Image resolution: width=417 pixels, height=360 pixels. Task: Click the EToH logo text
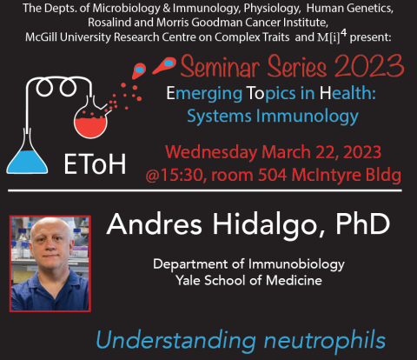[x=95, y=164]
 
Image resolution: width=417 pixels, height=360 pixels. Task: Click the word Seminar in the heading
[x=220, y=66]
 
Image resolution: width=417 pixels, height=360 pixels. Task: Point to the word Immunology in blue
[x=308, y=117]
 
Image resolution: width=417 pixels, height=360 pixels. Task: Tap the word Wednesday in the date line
[x=211, y=152]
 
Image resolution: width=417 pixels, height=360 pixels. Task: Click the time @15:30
[x=176, y=175]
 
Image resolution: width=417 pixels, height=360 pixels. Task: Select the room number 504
[x=272, y=175]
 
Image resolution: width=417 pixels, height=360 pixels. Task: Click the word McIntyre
[x=327, y=175]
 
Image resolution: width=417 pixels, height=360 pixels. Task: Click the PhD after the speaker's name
[x=362, y=224]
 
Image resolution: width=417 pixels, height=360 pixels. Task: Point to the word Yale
[x=188, y=281]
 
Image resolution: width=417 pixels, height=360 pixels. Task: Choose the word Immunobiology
[x=296, y=264]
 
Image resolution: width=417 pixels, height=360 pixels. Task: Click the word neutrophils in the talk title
[x=325, y=340]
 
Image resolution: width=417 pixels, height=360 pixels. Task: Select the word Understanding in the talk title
[x=175, y=340]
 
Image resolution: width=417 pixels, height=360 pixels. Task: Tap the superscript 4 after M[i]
[x=343, y=33]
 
